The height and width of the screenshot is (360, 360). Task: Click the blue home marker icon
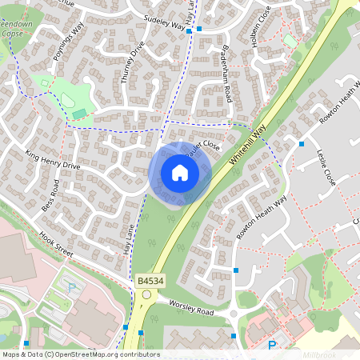[x=180, y=173]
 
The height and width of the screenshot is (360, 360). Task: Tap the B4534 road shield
[x=149, y=281]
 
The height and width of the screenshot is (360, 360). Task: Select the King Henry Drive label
[x=53, y=159]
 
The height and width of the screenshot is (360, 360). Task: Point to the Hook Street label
[x=55, y=245]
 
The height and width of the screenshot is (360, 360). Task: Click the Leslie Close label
[x=326, y=167]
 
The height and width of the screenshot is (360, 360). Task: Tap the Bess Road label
[x=50, y=196]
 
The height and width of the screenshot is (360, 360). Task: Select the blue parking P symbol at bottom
[x=272, y=346]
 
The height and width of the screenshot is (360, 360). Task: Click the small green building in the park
[x=78, y=114]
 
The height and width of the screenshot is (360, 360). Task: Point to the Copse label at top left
[x=12, y=34]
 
